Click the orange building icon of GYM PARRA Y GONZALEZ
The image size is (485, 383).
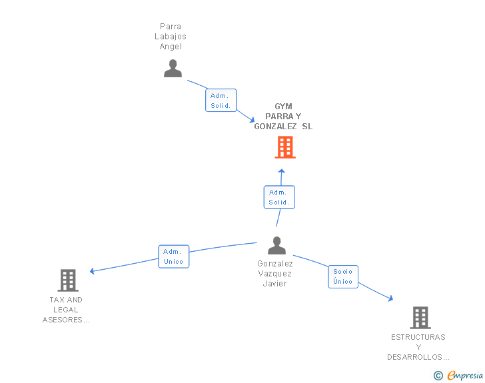(x=285, y=147)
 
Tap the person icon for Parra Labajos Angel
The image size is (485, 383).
(x=173, y=69)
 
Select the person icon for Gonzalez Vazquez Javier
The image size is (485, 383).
(x=277, y=245)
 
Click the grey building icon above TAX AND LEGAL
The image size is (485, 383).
(x=68, y=280)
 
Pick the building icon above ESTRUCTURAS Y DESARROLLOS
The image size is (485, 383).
(x=420, y=318)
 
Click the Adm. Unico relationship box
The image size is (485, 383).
(x=173, y=256)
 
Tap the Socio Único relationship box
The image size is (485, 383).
(x=343, y=276)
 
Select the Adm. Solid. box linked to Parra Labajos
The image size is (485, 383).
(x=221, y=100)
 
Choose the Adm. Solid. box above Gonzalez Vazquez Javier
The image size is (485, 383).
(x=279, y=197)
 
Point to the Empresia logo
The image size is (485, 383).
(x=465, y=376)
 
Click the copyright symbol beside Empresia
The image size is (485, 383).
(x=438, y=376)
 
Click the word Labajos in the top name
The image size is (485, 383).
(x=171, y=37)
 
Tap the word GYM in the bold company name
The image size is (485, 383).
(x=283, y=107)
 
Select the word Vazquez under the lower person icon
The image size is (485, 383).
(x=274, y=274)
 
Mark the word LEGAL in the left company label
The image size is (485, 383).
(x=65, y=310)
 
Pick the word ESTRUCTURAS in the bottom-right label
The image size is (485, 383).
(x=418, y=337)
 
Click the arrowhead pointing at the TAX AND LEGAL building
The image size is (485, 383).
(x=92, y=271)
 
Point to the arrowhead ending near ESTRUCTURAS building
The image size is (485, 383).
(x=390, y=298)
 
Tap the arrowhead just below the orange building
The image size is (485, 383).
(x=281, y=171)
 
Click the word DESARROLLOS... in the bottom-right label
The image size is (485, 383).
(x=418, y=357)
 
